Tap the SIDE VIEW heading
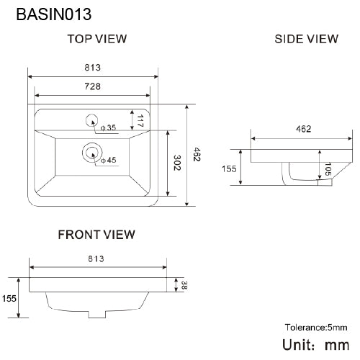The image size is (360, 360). pos(306,39)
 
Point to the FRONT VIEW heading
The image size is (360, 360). pos(96,234)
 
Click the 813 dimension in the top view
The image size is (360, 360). pos(91,68)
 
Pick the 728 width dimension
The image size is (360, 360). pos(91,86)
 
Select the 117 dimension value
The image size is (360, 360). pos(142,120)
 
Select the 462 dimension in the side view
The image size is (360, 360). pos(303,130)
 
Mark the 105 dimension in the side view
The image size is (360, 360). pos(328,168)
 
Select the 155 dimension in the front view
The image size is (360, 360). pos(9,297)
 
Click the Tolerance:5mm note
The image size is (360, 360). pos(316,327)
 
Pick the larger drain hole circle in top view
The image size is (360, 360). pos(91,151)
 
